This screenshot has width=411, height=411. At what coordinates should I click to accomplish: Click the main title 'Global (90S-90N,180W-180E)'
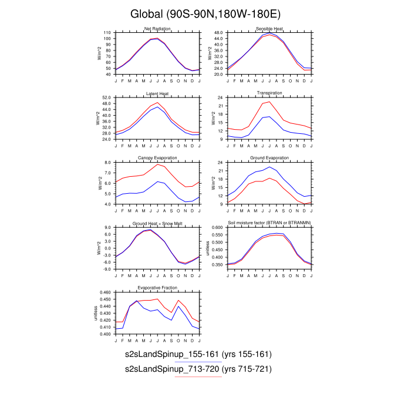tap(205, 14)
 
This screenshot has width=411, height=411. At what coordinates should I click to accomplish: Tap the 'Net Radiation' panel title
tap(157, 29)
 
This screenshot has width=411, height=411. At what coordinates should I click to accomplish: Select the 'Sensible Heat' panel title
tap(269, 29)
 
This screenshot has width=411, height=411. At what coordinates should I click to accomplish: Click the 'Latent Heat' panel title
tap(157, 94)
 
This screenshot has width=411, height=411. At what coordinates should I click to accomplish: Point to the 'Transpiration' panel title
tap(269, 93)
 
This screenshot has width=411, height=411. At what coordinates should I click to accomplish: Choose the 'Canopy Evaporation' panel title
tap(157, 159)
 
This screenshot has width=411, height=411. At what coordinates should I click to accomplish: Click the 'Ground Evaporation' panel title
tap(269, 159)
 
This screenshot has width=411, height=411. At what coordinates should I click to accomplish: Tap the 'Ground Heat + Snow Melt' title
tap(157, 223)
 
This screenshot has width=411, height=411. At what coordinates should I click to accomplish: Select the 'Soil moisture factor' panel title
tap(269, 223)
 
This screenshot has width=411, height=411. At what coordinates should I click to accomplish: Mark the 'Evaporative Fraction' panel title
tap(157, 288)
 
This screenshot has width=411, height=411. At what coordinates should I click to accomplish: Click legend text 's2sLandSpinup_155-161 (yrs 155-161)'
tap(198, 355)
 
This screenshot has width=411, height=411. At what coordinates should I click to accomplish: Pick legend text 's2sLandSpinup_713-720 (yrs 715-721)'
tap(198, 369)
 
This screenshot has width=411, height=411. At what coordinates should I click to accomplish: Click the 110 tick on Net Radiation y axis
tap(107, 33)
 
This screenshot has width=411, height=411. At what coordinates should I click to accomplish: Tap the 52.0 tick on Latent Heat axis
tap(106, 97)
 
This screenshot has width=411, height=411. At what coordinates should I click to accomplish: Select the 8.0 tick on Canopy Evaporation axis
tap(107, 162)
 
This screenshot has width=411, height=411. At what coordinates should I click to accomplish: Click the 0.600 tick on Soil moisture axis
tap(217, 227)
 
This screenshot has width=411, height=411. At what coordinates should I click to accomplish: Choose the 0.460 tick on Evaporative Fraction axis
tap(105, 292)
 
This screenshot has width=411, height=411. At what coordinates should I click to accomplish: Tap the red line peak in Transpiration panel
tap(269, 102)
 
